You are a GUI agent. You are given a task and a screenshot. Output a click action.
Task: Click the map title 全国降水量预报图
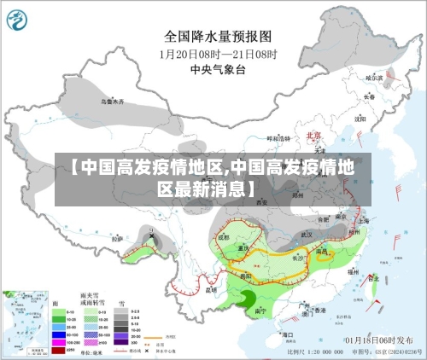217,37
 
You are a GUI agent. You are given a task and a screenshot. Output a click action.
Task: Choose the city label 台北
373,278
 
